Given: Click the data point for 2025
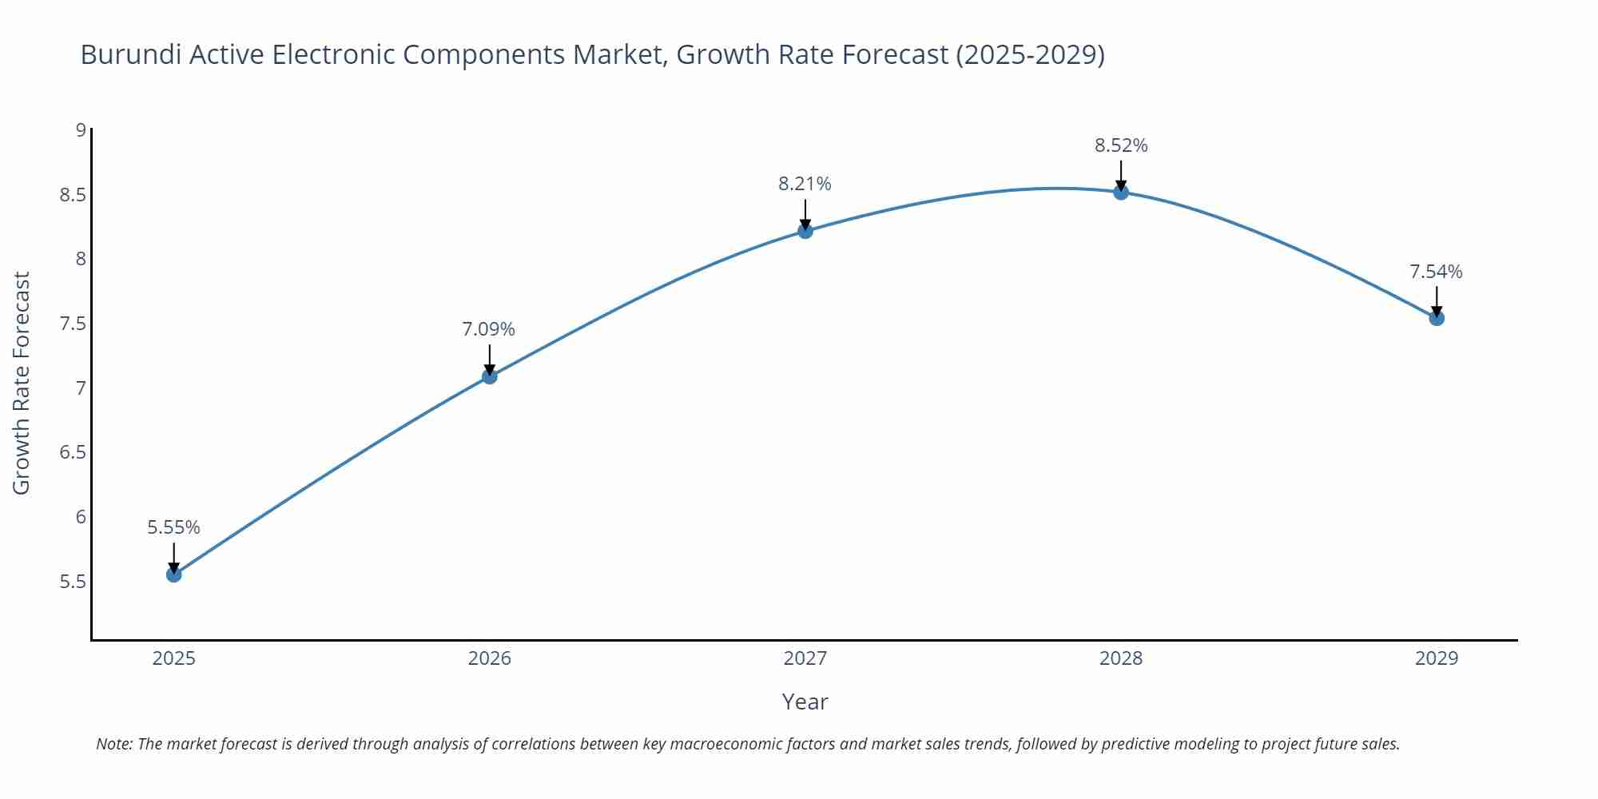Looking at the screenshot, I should click(174, 574).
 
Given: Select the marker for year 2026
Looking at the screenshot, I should click(490, 376).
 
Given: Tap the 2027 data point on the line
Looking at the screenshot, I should click(805, 231).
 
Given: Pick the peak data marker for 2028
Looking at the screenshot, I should click(1121, 192).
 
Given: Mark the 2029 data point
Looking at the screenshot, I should click(1437, 318).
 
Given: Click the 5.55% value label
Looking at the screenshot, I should click(173, 527).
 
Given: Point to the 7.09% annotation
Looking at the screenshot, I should click(488, 329).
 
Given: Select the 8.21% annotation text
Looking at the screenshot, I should click(805, 184).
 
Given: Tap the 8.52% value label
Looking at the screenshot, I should click(1121, 145).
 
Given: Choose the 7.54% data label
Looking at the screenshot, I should click(1436, 272).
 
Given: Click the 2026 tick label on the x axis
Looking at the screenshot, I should click(490, 658).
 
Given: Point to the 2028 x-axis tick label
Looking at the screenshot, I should click(1121, 658).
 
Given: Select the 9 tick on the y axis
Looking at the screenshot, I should click(81, 129).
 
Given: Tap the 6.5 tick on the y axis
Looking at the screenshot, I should click(73, 452).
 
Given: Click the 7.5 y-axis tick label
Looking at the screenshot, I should click(73, 324).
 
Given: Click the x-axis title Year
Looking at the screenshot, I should click(805, 702).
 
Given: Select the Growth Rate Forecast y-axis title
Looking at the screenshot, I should click(22, 383).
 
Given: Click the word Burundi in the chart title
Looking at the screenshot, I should click(129, 54).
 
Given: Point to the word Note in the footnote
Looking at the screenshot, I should click(113, 744).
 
